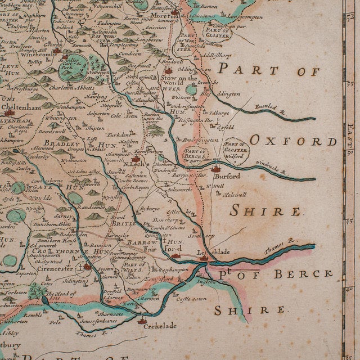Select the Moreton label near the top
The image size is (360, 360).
[164, 17]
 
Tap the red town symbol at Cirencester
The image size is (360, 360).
[87, 266]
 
